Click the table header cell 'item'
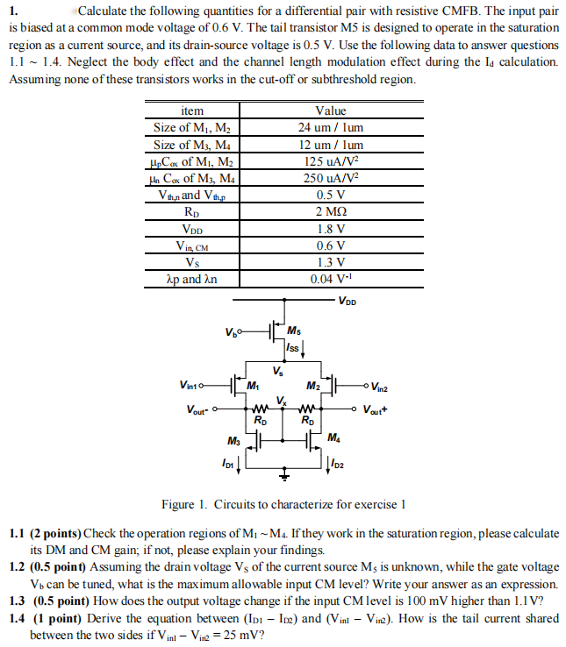[191, 111]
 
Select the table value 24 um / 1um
[330, 127]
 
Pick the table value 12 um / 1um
[330, 145]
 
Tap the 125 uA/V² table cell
[330, 161]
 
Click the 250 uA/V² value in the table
[330, 178]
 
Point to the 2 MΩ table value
[330, 211]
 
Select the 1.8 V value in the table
[330, 229]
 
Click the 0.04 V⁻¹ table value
[330, 280]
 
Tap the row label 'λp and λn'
[191, 280]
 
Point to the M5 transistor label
[294, 331]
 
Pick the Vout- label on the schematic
[200, 409]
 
